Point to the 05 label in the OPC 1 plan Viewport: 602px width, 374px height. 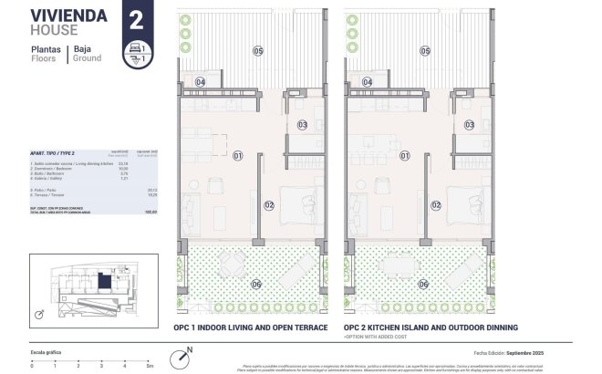(258, 51)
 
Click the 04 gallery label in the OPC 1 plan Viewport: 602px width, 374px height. (200, 81)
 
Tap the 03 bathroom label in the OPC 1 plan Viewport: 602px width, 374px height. (302, 124)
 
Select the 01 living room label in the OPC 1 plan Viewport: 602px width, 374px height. (237, 156)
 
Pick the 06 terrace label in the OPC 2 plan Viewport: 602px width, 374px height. (423, 285)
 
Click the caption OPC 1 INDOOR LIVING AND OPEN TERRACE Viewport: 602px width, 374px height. (250, 327)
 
